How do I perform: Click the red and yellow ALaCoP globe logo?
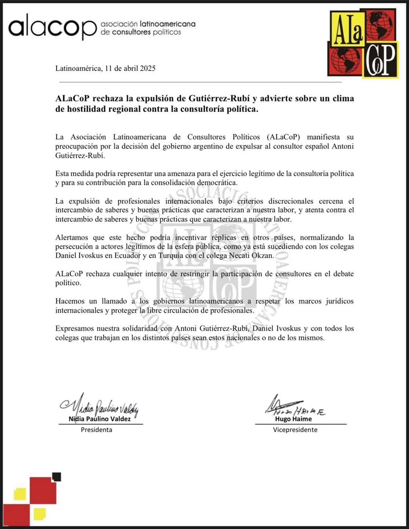[x=362, y=44]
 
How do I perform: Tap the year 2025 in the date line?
[x=148, y=69]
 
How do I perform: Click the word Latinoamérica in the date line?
[x=78, y=69]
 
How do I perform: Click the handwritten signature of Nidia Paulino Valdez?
[x=100, y=406]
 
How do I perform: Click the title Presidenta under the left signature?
[x=97, y=430]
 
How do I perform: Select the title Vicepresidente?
[x=295, y=430]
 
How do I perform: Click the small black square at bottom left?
[x=56, y=477]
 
